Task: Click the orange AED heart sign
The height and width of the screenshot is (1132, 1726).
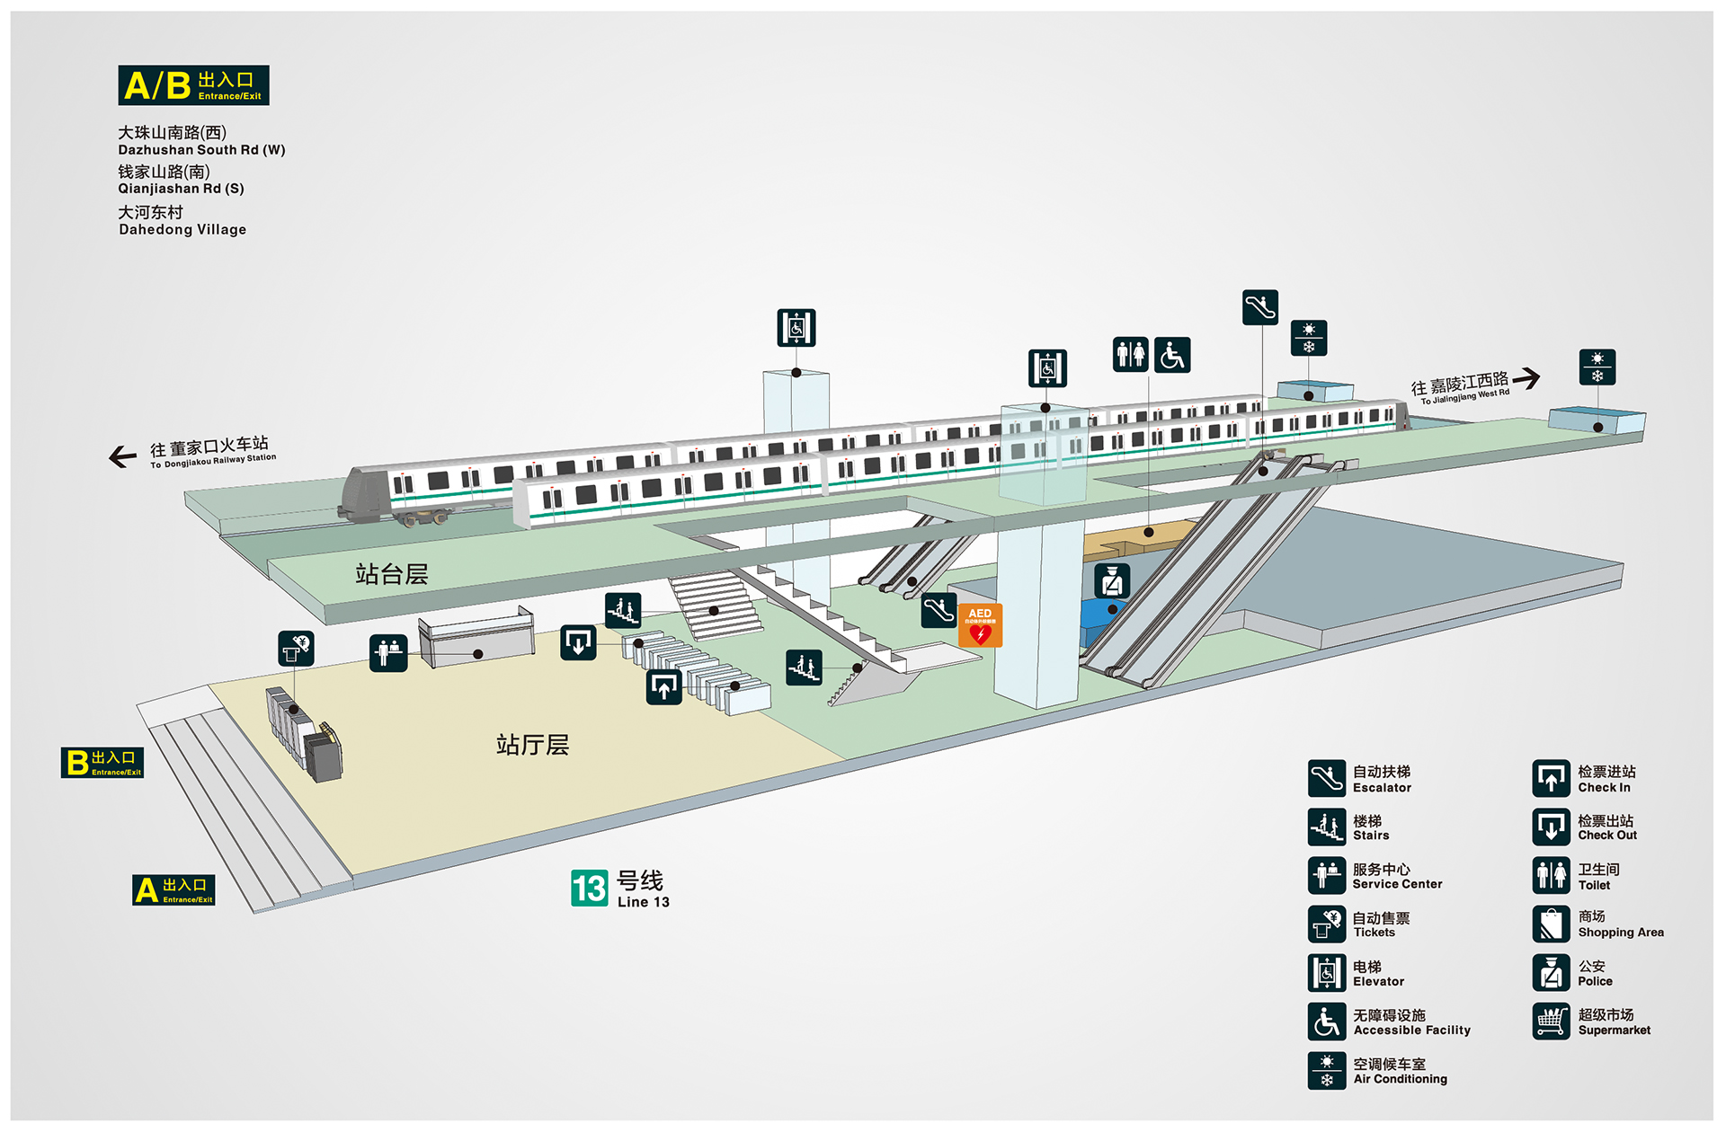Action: (980, 625)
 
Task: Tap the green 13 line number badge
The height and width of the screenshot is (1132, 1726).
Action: (590, 889)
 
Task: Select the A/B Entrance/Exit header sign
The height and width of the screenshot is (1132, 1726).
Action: (193, 85)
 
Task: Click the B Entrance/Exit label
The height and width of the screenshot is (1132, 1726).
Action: (102, 763)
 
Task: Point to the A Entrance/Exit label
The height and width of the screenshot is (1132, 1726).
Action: (173, 890)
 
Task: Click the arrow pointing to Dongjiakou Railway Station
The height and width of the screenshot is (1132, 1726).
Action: (123, 456)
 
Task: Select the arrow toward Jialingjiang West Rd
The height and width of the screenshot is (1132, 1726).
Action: (1526, 378)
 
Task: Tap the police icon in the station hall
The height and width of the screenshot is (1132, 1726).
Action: (1112, 581)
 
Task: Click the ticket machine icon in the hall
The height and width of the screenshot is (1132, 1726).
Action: (296, 648)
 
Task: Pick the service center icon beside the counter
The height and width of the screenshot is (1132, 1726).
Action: (388, 653)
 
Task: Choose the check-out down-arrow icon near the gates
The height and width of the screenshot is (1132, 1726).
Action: (578, 642)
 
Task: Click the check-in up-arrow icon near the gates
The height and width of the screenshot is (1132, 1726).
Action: (664, 687)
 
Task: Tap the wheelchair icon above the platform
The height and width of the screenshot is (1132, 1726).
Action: (1172, 355)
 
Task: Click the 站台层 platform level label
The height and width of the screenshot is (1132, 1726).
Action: (391, 574)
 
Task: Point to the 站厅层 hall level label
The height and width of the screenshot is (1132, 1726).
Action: (532, 745)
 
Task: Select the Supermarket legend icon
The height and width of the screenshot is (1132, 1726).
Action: (1552, 1021)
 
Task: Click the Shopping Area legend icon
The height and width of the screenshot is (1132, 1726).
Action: (1552, 924)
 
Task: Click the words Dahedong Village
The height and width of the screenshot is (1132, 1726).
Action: (182, 230)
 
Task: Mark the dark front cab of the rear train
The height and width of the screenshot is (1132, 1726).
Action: (367, 494)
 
